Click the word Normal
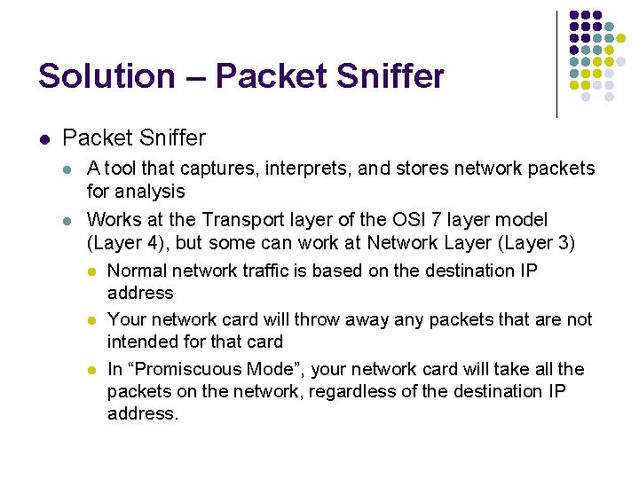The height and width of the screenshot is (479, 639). tap(137, 271)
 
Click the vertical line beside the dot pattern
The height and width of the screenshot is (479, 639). tap(556, 64)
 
